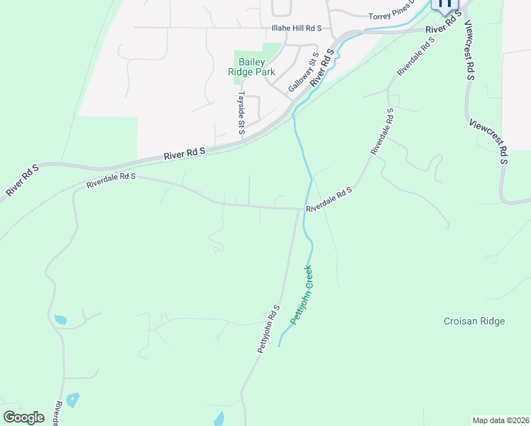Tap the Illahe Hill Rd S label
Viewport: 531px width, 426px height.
point(297,28)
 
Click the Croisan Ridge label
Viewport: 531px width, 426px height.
point(473,321)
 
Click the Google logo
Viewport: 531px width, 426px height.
point(23,417)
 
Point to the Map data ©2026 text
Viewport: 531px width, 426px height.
point(500,420)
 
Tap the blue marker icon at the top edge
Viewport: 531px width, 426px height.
point(445,4)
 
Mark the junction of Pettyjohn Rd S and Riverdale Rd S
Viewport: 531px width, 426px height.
point(298,209)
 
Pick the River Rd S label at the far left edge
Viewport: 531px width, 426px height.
point(21,180)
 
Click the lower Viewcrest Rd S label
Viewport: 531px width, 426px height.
point(490,141)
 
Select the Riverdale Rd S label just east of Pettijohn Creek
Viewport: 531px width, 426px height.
point(329,200)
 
